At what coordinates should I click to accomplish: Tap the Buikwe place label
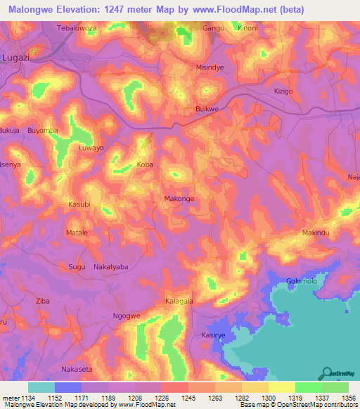(207, 110)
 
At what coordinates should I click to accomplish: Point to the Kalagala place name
(179, 301)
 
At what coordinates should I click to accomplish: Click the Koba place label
(145, 164)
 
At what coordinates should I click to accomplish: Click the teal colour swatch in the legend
(41, 387)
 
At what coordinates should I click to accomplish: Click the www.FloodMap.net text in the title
(230, 10)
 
